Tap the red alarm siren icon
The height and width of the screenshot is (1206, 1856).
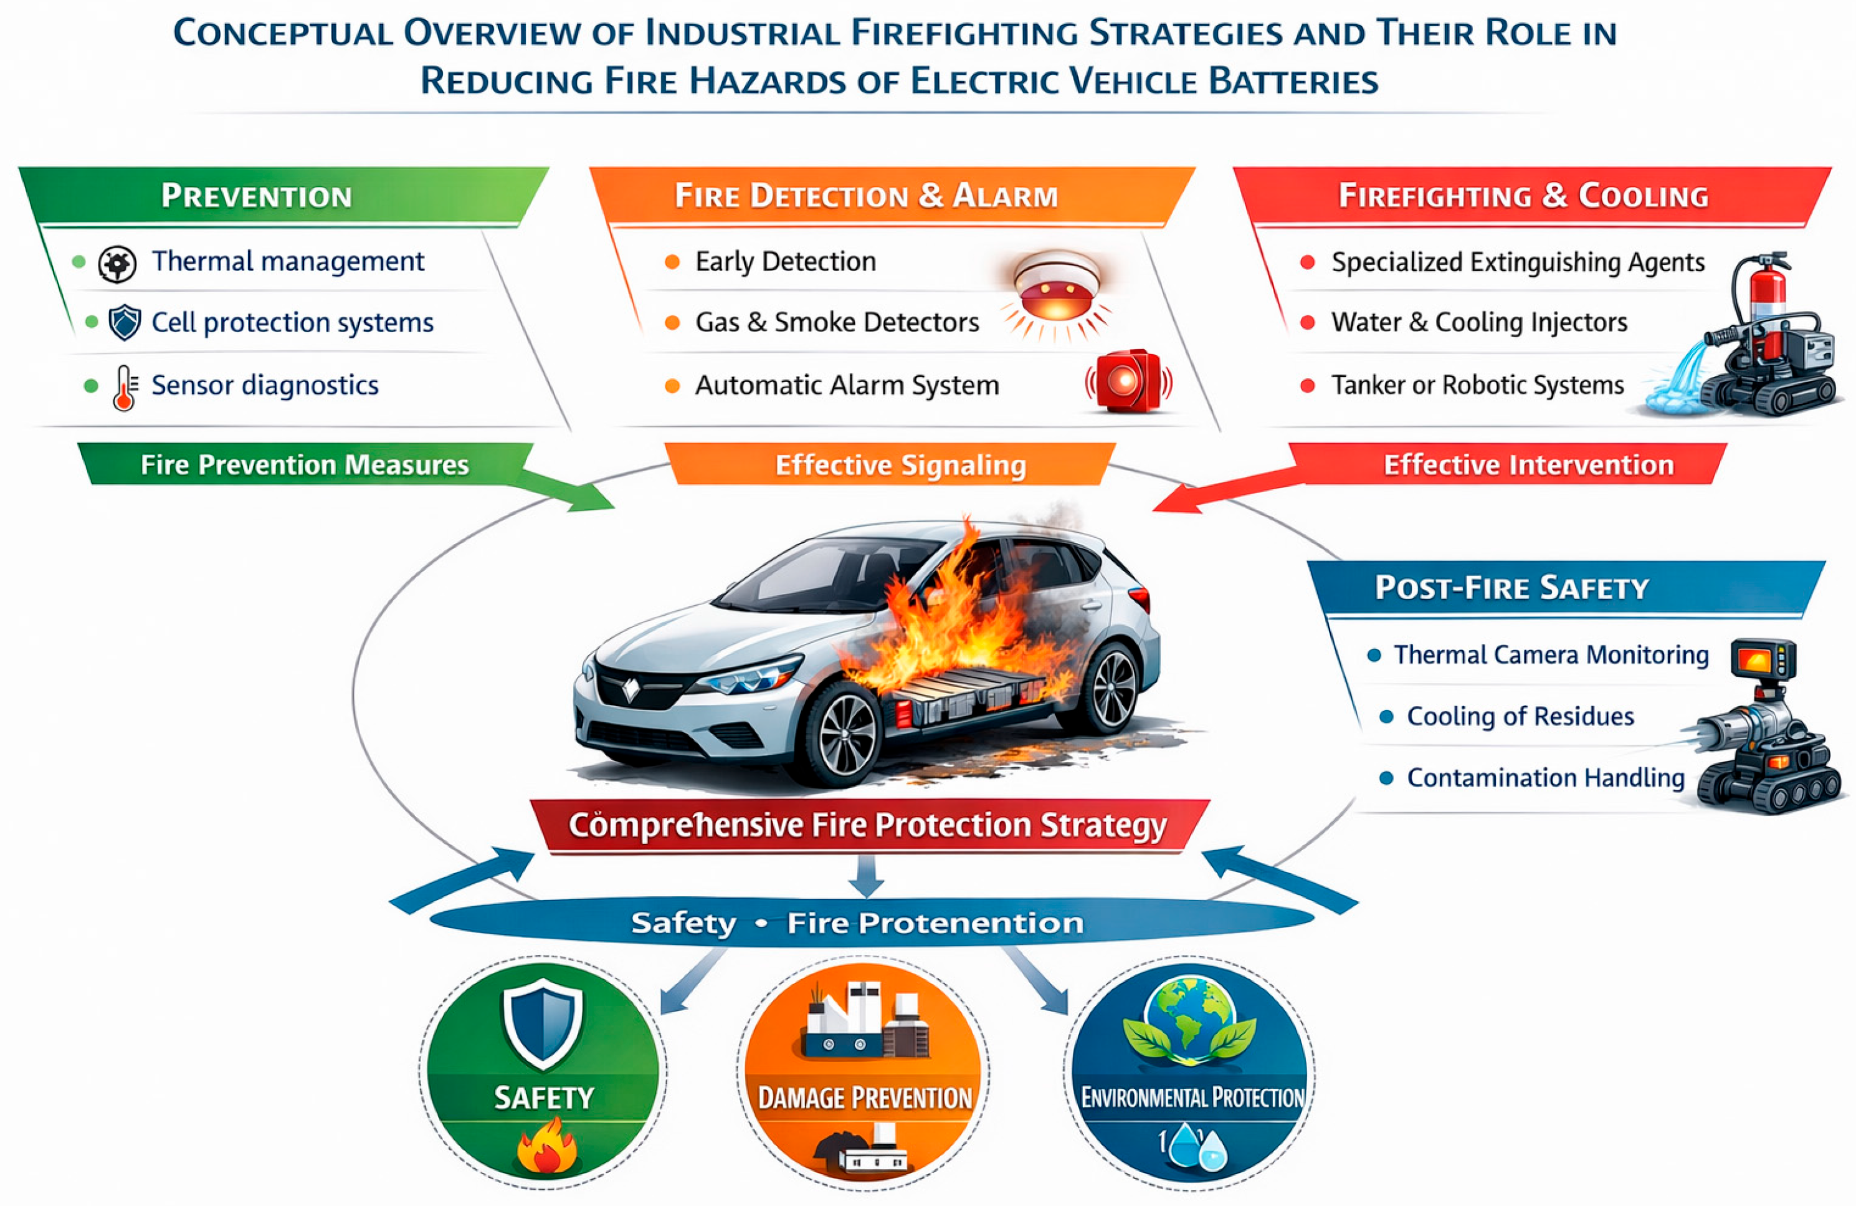1128,381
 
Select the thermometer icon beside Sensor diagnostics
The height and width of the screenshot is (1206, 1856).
124,387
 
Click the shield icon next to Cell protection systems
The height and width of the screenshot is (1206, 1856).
124,322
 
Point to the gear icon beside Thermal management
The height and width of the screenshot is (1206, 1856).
117,264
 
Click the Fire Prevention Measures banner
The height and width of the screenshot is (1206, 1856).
304,465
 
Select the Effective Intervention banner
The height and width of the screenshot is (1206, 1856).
1528,465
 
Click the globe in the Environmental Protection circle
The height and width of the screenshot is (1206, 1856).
1190,1015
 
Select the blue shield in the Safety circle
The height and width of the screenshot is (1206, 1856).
543,1023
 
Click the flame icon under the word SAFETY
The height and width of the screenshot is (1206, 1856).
546,1147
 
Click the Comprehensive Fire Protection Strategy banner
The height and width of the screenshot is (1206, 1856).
867,825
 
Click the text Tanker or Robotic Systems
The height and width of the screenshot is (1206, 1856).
1477,385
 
